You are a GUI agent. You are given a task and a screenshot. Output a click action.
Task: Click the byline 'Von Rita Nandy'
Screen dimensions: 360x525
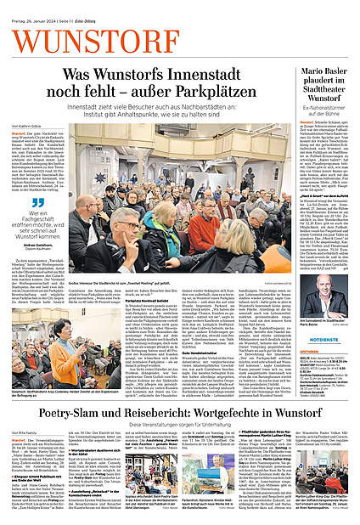point(24,432)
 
